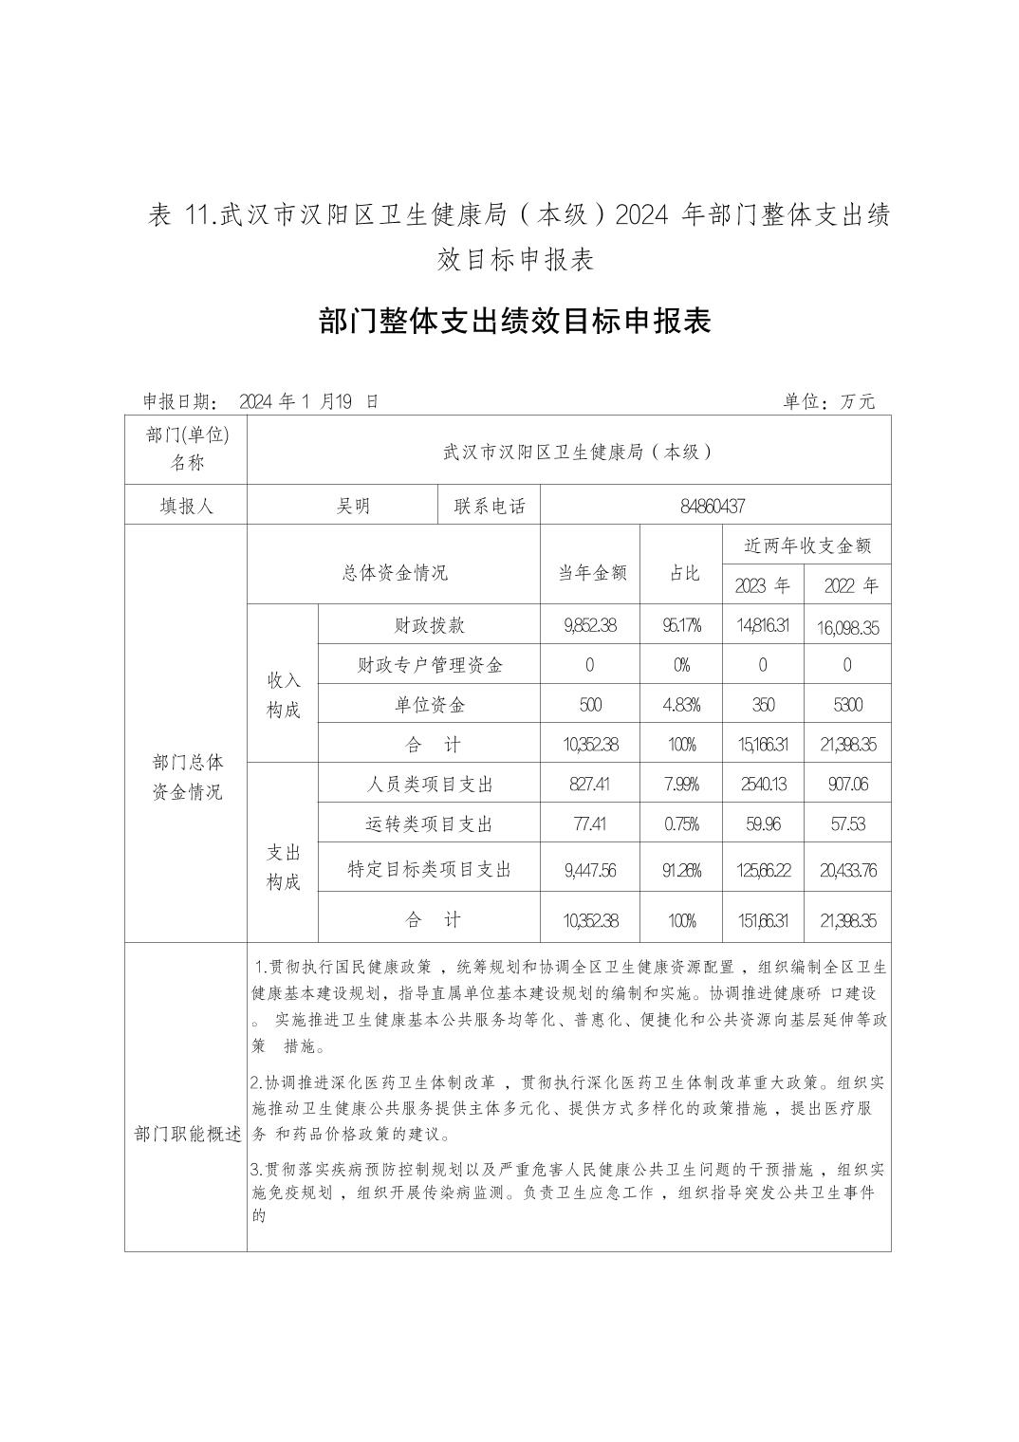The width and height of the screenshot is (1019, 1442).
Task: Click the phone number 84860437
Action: [x=713, y=507]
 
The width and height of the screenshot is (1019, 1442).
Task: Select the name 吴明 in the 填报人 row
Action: [x=353, y=507]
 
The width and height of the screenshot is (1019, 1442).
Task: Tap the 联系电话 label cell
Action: [x=490, y=507]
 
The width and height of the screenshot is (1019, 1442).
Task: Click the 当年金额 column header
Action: [x=590, y=572]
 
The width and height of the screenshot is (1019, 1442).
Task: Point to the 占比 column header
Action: [x=683, y=572]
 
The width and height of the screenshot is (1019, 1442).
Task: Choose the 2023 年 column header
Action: [x=762, y=585]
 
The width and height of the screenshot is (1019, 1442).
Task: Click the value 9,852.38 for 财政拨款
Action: [x=590, y=626]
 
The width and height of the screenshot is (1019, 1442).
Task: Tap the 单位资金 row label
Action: [x=430, y=705]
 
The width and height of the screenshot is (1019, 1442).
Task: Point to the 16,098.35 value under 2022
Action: [x=847, y=627]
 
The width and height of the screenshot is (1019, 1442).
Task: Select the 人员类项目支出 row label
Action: [x=430, y=785]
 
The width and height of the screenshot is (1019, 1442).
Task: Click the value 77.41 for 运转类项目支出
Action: [x=590, y=824]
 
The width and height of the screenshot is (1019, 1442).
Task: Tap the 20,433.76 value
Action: [x=847, y=870]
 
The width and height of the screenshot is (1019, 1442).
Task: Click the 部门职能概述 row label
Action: [x=187, y=1135]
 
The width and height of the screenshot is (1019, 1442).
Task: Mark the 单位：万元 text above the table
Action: [x=828, y=401]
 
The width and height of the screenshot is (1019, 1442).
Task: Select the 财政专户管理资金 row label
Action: [x=430, y=665]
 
